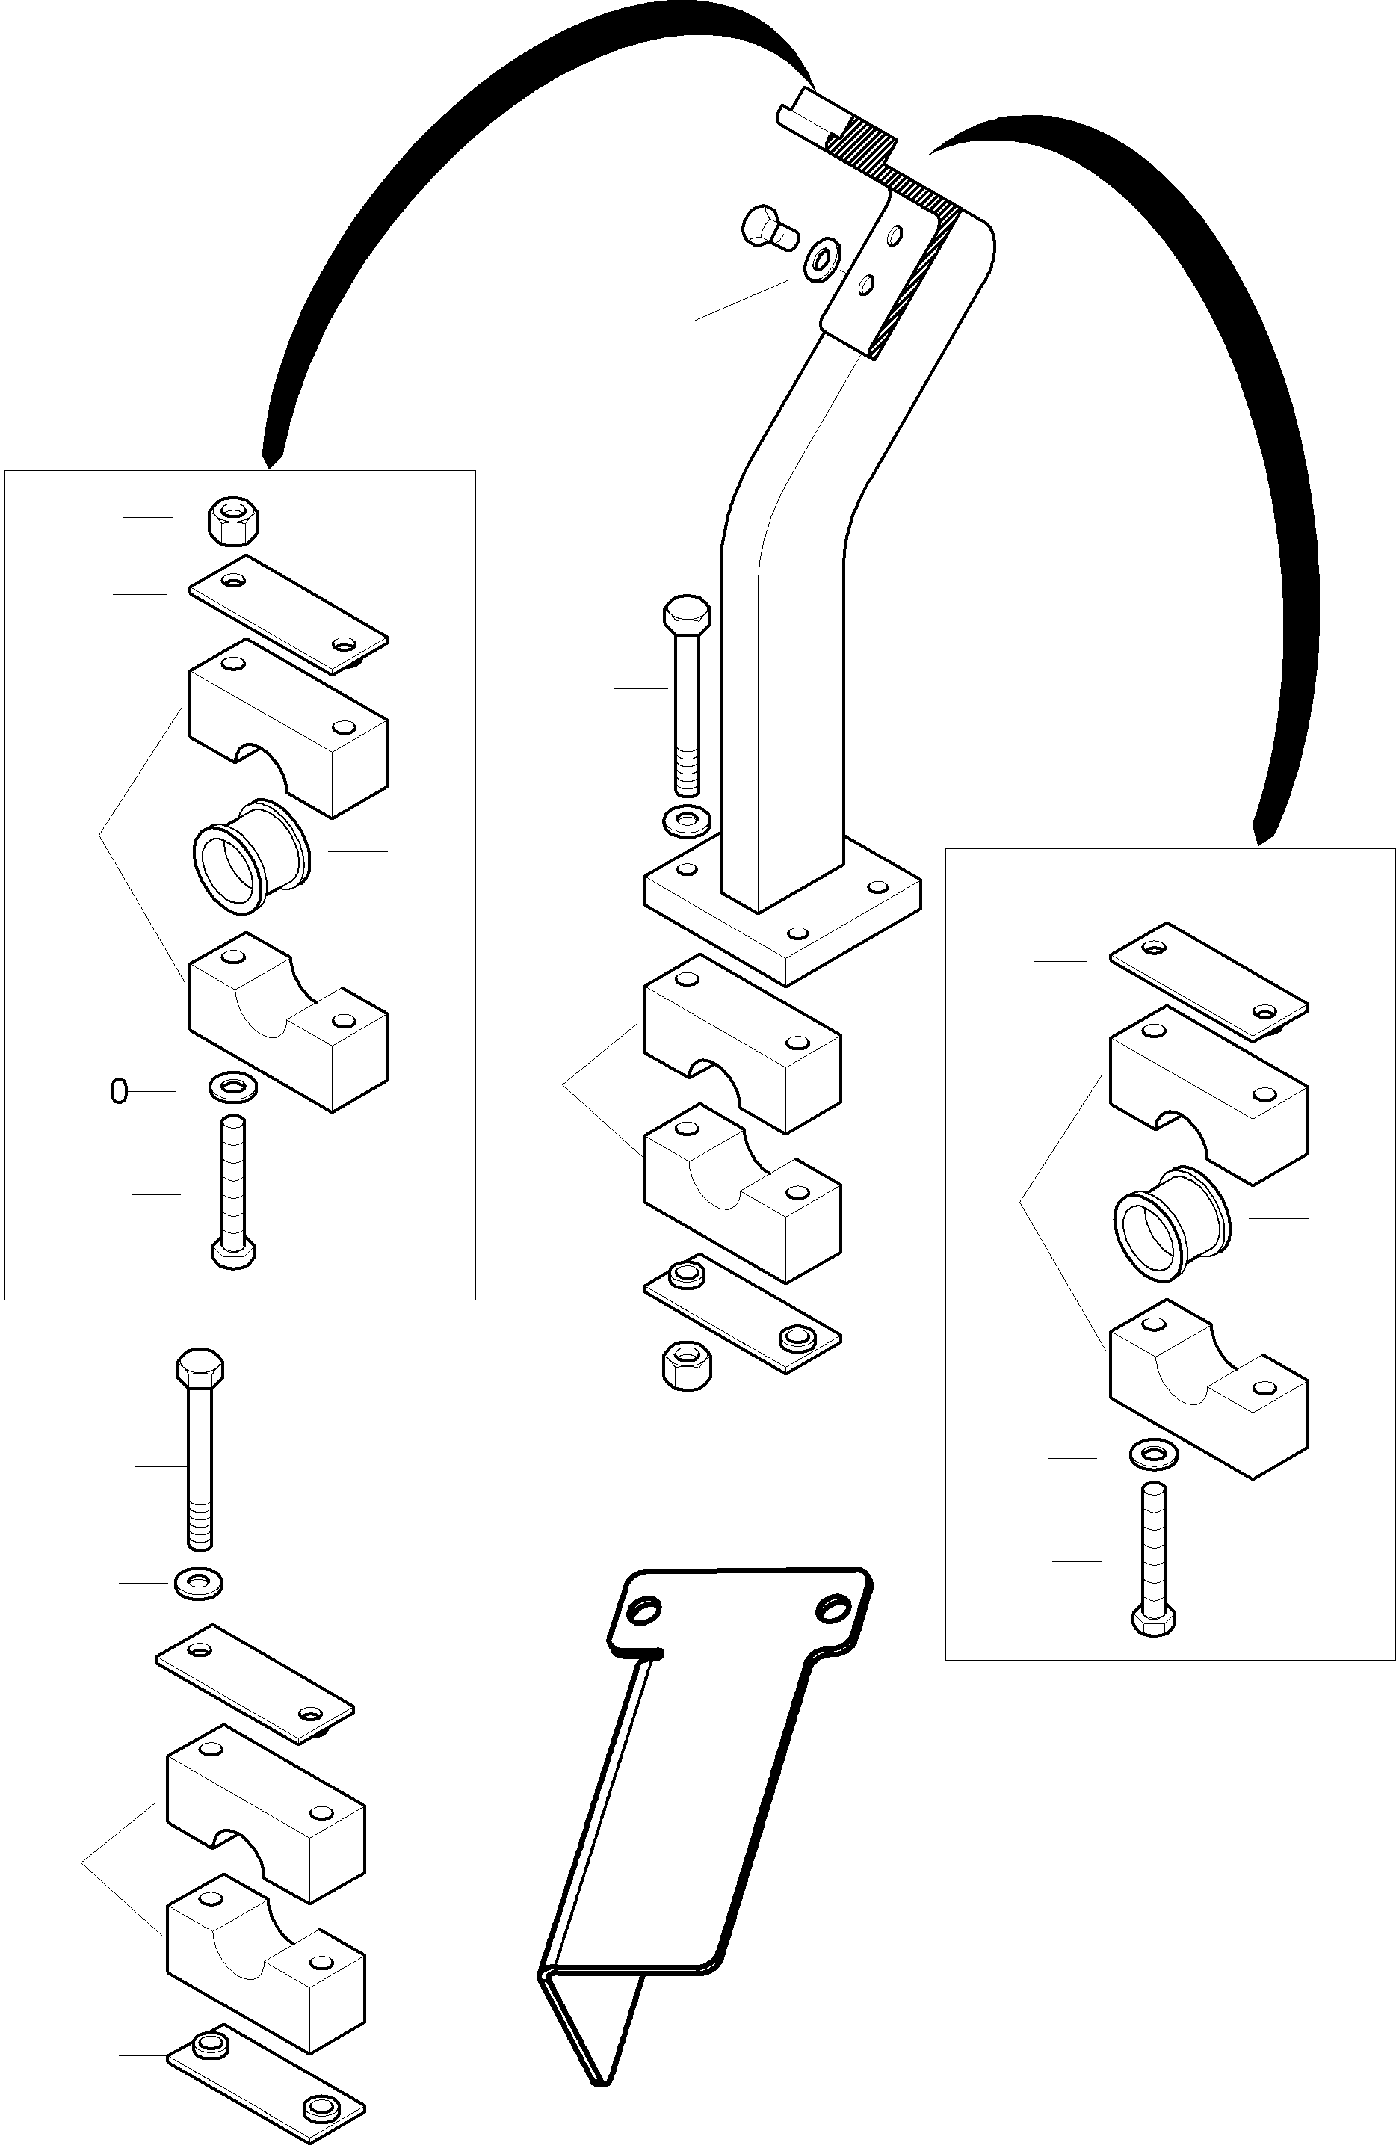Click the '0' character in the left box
pyautogui.click(x=118, y=1091)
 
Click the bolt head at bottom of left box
pyautogui.click(x=233, y=1253)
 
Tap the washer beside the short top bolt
pyautogui.click(x=822, y=259)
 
